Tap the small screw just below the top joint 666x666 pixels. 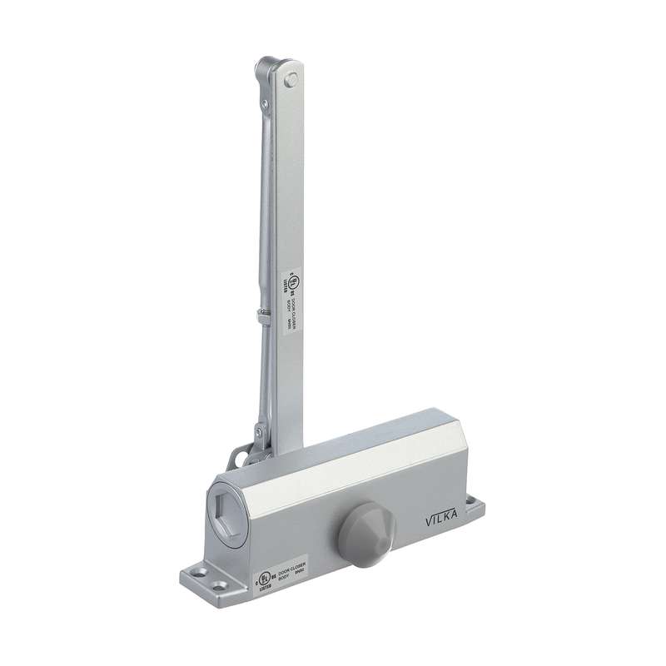coord(264,104)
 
